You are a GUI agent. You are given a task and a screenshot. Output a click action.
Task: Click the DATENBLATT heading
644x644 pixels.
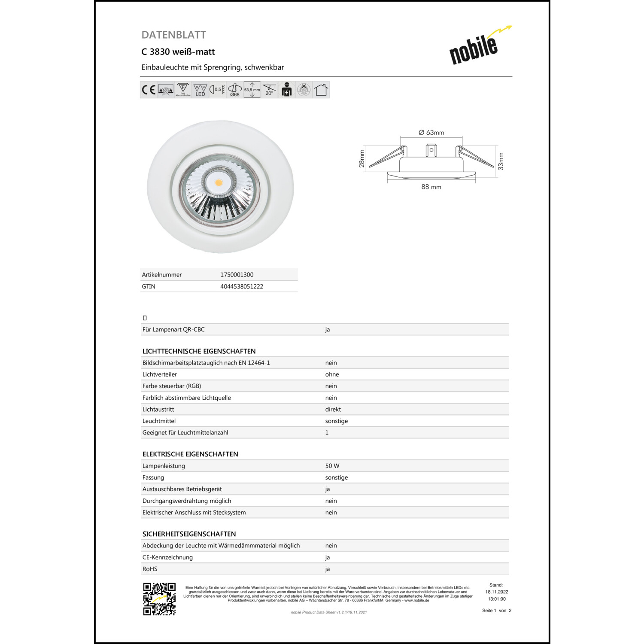coord(174,35)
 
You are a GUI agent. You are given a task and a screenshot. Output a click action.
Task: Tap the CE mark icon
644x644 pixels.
coord(149,90)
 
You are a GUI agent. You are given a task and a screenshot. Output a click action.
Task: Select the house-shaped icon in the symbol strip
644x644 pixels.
coord(321,90)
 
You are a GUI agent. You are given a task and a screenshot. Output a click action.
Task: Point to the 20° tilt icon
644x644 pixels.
coord(269,90)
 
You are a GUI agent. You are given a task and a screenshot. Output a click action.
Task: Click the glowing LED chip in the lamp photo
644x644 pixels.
coord(219,183)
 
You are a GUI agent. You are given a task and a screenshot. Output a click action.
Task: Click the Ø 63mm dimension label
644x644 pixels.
coord(431,133)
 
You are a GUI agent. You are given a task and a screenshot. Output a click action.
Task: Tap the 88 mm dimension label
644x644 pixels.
coord(431,187)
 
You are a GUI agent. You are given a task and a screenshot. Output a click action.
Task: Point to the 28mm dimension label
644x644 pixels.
coord(361,159)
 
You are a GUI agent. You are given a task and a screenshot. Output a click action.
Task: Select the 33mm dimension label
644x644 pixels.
coord(501,161)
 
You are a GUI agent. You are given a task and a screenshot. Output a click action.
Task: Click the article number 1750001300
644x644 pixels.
coord(237,275)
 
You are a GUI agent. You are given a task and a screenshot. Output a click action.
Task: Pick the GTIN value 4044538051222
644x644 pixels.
coord(241,286)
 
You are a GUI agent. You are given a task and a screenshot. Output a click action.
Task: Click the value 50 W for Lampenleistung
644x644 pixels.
coord(332,466)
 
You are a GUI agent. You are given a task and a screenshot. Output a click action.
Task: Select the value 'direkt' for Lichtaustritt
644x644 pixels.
coord(333,410)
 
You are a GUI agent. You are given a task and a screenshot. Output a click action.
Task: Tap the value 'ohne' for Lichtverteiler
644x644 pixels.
coord(332,374)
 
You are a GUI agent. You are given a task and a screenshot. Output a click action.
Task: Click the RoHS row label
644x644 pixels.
coord(150,569)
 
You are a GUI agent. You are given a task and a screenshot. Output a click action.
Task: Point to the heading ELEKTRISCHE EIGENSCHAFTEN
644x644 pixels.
coord(190,454)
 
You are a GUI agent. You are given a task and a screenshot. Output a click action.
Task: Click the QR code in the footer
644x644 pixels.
coord(159,599)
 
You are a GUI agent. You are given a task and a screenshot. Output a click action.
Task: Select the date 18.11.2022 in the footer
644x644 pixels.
coord(497,592)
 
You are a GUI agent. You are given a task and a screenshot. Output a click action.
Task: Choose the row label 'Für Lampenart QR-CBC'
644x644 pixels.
coord(173,330)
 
